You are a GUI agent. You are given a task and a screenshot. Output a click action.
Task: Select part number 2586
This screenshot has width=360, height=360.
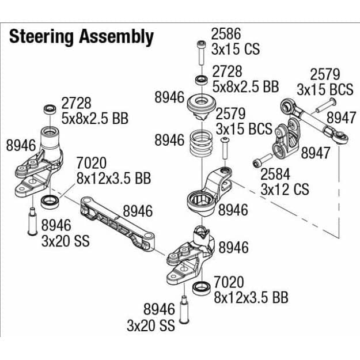pos(226,34)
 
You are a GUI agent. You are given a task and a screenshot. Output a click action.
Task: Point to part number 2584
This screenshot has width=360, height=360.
pos(275,174)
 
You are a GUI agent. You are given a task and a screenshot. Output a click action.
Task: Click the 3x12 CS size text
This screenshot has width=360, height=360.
pos(285,189)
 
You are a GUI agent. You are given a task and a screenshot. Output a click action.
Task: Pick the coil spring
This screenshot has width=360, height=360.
pos(202,142)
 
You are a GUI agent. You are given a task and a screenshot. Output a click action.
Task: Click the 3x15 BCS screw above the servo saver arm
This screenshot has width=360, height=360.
pos(225,150)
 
